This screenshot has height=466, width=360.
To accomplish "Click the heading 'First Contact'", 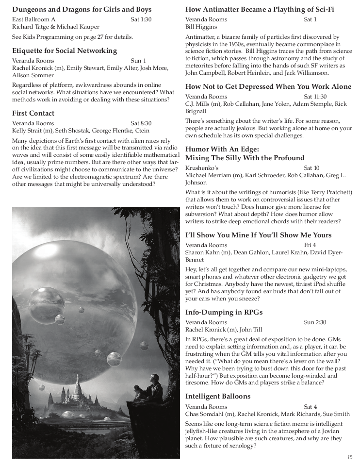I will click(x=33, y=113).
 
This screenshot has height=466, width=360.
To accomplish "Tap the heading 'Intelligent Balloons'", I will click(x=218, y=396).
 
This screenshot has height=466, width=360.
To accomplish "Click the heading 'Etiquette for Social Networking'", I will click(x=65, y=50).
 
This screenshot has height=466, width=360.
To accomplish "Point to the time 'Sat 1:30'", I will click(x=141, y=19).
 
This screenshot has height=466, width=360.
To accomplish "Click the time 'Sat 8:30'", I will click(x=141, y=123).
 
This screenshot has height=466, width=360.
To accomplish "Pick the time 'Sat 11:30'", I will click(x=315, y=97).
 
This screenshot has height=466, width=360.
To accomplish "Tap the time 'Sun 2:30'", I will click(x=315, y=322).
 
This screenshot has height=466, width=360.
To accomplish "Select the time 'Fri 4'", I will click(x=310, y=245).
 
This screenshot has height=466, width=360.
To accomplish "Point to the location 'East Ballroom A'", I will click(x=34, y=19).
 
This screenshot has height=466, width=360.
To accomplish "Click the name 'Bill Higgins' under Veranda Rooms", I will click(x=201, y=27).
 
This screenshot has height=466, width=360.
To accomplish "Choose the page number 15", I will click(x=350, y=457).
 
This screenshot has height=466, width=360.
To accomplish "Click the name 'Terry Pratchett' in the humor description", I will click(x=330, y=192).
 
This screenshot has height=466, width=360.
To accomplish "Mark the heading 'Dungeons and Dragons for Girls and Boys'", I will click(x=82, y=9).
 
